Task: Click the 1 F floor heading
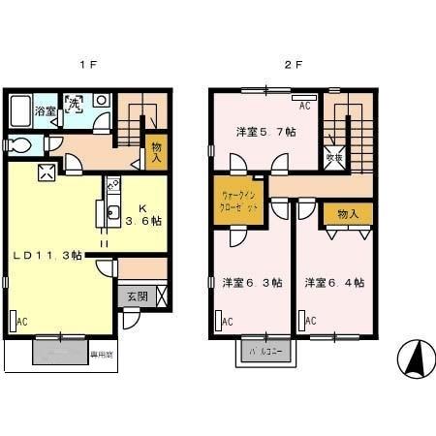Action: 88,66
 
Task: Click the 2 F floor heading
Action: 289,66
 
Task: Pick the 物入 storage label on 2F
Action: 348,214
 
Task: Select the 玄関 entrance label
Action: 136,297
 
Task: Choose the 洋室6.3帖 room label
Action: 252,283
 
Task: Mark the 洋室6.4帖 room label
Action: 334,283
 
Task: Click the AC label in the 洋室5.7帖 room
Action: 304,105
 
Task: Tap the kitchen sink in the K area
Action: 112,214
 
